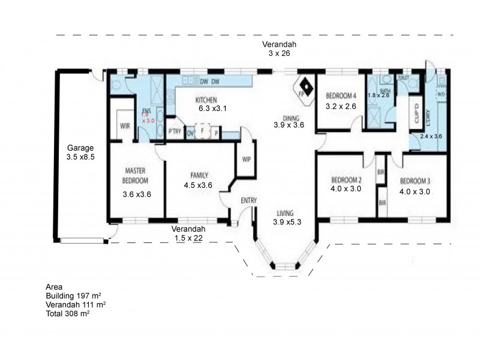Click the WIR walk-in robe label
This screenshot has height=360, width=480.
(x=125, y=127)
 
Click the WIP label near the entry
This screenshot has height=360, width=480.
(x=246, y=160)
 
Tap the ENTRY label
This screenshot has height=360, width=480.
(x=249, y=200)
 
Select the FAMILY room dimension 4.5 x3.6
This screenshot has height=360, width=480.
(x=199, y=185)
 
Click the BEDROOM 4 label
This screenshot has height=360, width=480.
(x=341, y=96)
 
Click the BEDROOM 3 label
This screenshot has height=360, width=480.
(x=415, y=180)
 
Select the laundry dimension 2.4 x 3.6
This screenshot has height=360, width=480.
(x=431, y=137)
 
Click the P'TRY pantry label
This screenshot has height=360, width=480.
(x=175, y=132)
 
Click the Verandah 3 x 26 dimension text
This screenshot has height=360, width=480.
(x=278, y=54)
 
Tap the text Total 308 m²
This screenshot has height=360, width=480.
(x=68, y=314)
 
